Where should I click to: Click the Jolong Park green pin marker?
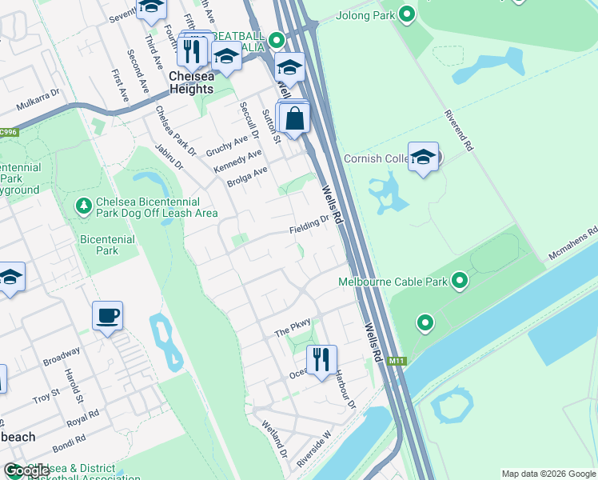407,14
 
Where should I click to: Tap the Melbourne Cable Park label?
392,282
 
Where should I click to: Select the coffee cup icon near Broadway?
107,317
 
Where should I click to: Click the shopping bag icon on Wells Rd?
295,118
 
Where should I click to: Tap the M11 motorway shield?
395,362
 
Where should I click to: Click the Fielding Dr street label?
309,225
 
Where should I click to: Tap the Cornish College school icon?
424,157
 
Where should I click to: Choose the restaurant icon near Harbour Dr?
321,360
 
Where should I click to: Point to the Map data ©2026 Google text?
548,474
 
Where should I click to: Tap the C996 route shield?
8,132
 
